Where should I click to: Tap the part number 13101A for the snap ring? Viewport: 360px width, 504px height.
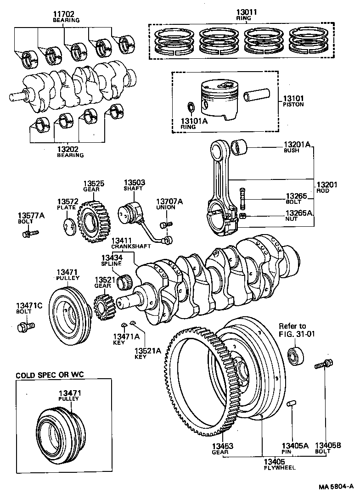pos(195,121)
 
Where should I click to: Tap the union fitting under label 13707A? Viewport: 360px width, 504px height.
pos(166,224)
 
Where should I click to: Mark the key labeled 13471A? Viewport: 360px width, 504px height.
pos(124,325)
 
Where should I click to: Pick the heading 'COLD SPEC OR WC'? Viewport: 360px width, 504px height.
pos(50,375)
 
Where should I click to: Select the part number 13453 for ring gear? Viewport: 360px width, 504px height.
pos(222,445)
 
